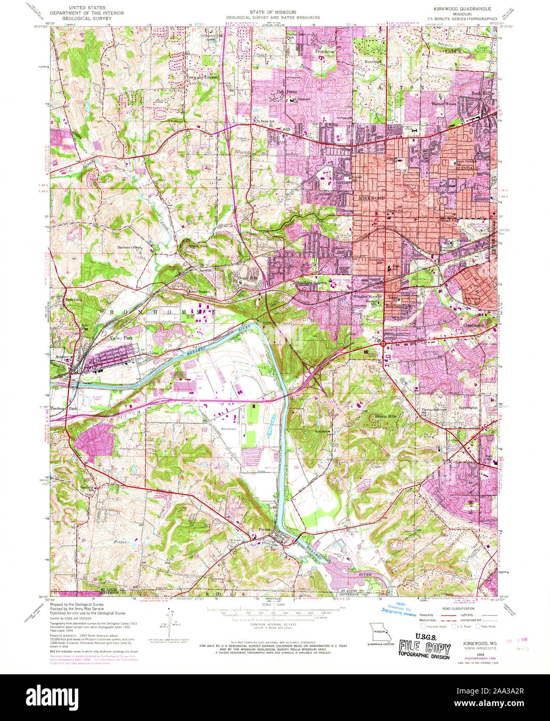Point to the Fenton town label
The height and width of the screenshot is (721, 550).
tap(265, 529)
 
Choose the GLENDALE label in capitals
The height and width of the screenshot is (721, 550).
tap(467, 168)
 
